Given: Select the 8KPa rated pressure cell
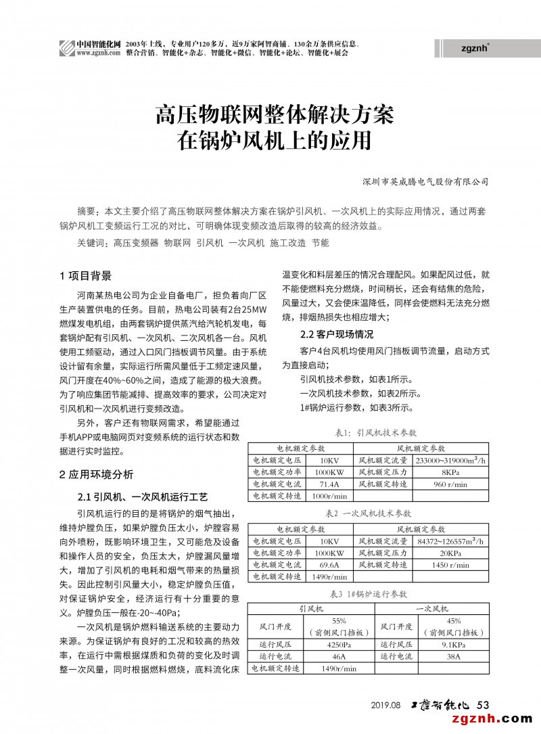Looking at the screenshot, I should click(450, 472).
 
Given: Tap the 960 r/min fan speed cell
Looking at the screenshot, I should click(450, 484).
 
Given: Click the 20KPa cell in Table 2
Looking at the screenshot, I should click(450, 552).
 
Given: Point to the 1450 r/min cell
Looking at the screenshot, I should click(450, 564).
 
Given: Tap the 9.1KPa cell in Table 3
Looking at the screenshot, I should click(452, 645).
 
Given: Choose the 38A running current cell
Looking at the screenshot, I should click(452, 656).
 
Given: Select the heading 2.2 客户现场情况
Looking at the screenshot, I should click(336, 334).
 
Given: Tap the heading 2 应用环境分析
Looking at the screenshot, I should click(96, 474).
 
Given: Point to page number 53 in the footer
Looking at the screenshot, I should click(483, 705).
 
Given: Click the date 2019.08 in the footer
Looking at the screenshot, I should click(386, 706).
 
